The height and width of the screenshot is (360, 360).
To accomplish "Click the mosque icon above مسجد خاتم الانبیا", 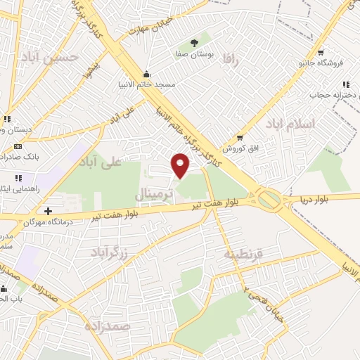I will click(x=146, y=75).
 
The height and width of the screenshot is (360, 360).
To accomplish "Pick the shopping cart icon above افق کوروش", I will click(x=240, y=138).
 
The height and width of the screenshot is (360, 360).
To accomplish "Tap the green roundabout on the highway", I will click(x=269, y=200).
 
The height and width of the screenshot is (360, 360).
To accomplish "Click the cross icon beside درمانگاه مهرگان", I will click(x=48, y=211).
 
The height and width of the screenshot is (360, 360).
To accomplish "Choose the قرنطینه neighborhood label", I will click(x=243, y=254).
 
